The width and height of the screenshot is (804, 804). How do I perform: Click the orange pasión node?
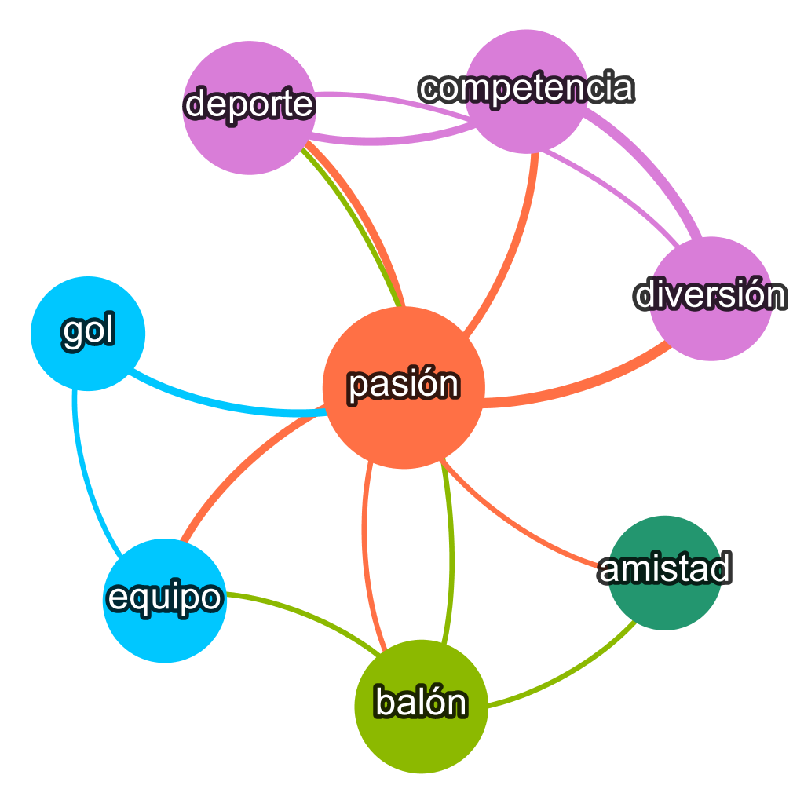coord(404,388)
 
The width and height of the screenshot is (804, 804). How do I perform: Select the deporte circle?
coord(249,108)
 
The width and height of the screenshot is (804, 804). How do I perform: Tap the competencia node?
coord(528,90)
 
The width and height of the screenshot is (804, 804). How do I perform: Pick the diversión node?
coord(711,298)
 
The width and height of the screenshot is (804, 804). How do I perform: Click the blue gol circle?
coord(88,333)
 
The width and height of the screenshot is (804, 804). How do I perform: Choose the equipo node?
coord(165,601)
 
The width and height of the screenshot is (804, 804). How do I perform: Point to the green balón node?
coord(422,706)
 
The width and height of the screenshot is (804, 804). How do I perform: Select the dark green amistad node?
coord(665,572)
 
